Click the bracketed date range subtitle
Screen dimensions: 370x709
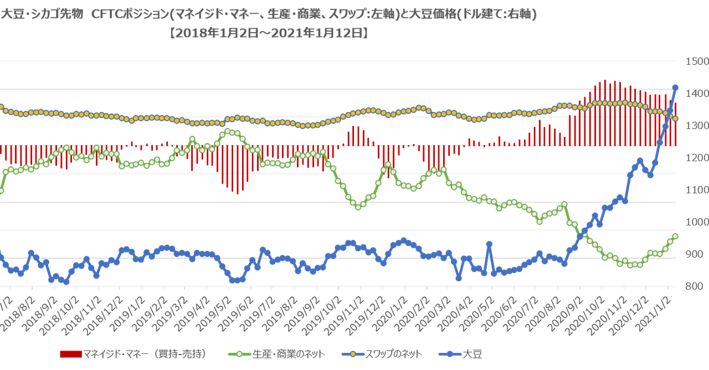[269, 33]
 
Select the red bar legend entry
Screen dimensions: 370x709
[133, 354]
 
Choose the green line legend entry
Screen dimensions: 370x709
[277, 354]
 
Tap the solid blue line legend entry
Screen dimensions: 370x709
[460, 354]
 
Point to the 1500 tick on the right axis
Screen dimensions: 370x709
[697, 61]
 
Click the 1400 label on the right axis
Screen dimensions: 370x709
[697, 93]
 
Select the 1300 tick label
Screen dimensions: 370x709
[697, 125]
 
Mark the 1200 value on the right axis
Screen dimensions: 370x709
[697, 157]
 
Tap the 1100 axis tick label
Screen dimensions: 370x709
[697, 189]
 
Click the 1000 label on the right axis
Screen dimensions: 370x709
[697, 222]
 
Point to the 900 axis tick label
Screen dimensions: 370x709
[697, 254]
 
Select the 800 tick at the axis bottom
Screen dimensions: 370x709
[697, 286]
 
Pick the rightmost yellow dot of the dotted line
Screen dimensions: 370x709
[676, 118]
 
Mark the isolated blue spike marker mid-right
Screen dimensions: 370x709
[489, 243]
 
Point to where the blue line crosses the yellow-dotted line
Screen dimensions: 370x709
[669, 112]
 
